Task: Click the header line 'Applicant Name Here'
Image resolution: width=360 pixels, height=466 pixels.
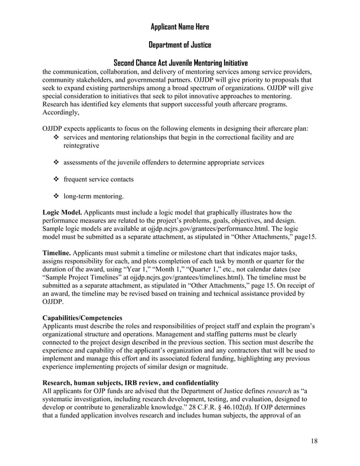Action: [180, 27]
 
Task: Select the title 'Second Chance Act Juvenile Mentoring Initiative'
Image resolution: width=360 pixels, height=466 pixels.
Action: [180, 63]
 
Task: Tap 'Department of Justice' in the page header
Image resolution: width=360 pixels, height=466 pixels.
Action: [180, 45]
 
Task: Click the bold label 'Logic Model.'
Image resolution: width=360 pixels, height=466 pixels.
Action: [62, 212]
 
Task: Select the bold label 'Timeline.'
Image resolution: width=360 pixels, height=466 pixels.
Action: [58, 253]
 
